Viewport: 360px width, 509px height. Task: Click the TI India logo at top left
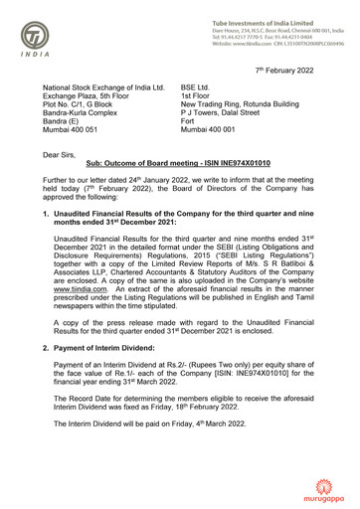(37, 37)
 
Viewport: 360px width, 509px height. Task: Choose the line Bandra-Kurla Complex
(83, 109)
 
